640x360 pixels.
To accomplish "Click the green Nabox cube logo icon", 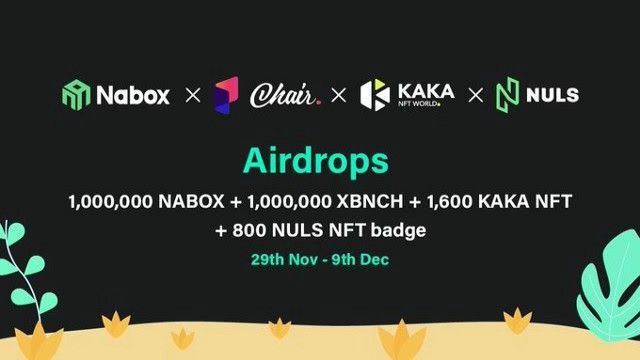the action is click(x=76, y=95).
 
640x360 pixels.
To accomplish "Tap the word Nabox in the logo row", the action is click(x=133, y=95).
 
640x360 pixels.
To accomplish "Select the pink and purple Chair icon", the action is click(x=226, y=95).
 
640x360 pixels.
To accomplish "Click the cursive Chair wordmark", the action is click(x=285, y=96).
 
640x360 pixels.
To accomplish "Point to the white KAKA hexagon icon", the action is click(x=375, y=95).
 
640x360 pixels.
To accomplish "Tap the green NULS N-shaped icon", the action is click(x=507, y=95).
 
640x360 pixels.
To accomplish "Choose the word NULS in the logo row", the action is click(x=553, y=95).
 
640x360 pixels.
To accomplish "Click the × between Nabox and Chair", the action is click(x=193, y=96).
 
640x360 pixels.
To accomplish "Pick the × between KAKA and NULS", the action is click(x=476, y=96).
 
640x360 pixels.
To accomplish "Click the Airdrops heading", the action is click(x=316, y=161).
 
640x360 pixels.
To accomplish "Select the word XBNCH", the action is click(x=370, y=202).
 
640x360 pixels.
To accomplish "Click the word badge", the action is click(x=398, y=231).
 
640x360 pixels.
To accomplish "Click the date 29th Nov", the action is click(x=284, y=260).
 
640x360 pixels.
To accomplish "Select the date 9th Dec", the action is click(x=360, y=260).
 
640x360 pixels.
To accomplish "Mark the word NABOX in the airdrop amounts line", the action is click(x=191, y=202).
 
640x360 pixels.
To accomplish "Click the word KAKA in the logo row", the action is click(x=426, y=91).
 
